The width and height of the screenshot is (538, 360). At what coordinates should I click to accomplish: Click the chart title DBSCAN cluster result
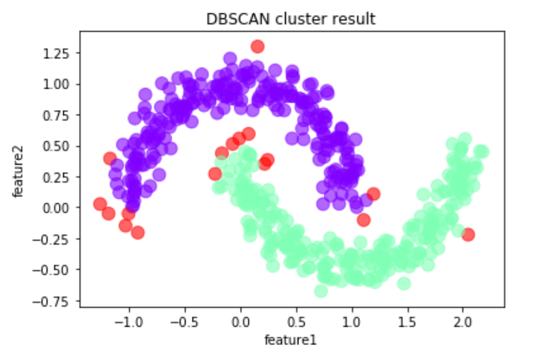tap(291, 19)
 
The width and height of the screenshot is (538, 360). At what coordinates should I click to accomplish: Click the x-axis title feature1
tap(290, 340)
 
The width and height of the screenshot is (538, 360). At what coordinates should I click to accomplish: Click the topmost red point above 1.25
tap(257, 46)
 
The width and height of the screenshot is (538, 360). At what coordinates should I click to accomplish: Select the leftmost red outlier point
tap(100, 204)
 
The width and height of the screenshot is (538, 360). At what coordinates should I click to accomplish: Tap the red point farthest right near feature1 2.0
tap(468, 234)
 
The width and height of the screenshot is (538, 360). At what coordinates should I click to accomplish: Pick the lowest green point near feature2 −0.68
tap(321, 291)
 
